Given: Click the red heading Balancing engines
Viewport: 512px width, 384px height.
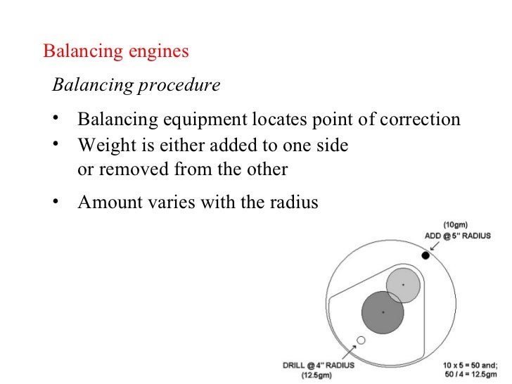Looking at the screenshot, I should [116, 52].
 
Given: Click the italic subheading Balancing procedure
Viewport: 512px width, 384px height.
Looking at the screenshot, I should [136, 86].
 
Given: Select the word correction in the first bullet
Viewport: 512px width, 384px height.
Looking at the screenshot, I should [421, 119].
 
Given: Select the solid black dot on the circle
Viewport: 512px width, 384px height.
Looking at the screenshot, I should [425, 255].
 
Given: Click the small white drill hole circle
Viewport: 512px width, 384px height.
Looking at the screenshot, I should [361, 340].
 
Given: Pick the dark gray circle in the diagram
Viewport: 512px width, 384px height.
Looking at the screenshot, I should [382, 311].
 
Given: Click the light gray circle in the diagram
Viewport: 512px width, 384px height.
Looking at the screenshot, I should [403, 284].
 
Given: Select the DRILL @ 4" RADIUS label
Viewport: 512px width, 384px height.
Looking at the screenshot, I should [319, 366].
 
